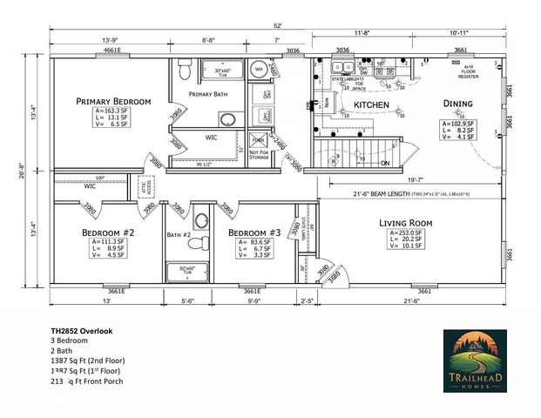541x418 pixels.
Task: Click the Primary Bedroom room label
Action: click(112, 101)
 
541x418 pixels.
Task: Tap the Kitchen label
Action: click(370, 105)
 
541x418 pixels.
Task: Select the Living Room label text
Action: click(406, 223)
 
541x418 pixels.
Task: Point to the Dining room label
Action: click(457, 104)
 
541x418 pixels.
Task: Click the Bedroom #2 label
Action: click(108, 233)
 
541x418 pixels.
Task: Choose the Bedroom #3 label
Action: click(254, 233)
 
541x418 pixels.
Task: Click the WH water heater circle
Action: click(259, 69)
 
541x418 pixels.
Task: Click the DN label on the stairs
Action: click(385, 163)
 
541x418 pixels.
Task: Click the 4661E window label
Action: click(112, 51)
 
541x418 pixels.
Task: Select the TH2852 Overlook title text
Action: click(82, 332)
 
